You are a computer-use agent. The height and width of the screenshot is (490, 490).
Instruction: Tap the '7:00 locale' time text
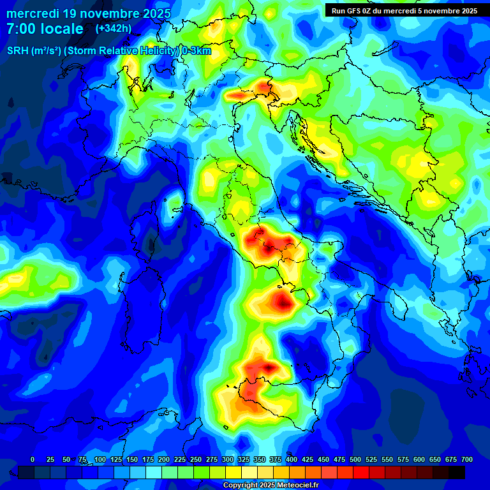[x=45, y=29]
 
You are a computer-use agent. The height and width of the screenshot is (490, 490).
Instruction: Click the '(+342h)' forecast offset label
[x=113, y=28]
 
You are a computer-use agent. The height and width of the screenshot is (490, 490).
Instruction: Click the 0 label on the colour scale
[x=33, y=460]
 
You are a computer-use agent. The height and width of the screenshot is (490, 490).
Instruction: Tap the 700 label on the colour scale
[x=466, y=460]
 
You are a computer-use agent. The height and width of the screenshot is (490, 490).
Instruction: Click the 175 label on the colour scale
[x=148, y=460]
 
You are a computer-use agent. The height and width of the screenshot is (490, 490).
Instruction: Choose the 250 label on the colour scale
[x=196, y=460]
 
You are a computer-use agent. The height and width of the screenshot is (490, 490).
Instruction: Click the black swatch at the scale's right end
[x=457, y=472]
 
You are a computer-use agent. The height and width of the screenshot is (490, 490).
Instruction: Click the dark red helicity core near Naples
[x=283, y=301]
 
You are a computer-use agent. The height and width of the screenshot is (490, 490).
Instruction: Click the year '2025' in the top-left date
[x=156, y=13]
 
